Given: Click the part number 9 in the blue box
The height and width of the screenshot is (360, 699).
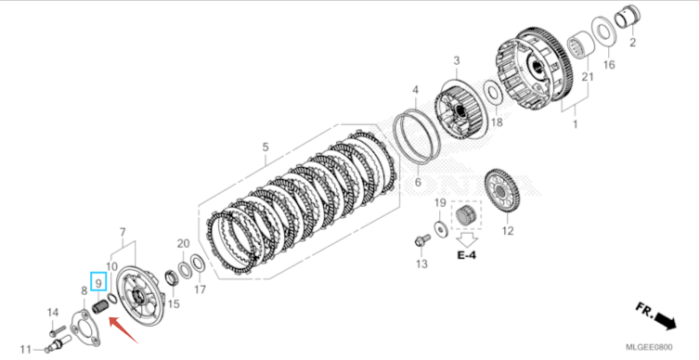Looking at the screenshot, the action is coord(98,282).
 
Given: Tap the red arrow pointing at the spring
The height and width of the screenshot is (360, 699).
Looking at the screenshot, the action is coord(123,329).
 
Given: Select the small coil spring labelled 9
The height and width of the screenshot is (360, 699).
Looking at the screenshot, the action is coord(100,307).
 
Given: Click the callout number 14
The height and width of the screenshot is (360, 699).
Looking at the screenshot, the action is coord(53,313).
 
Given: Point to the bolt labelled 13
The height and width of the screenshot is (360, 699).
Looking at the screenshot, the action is coord(421,241).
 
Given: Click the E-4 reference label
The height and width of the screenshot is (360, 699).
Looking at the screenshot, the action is coord(466,255).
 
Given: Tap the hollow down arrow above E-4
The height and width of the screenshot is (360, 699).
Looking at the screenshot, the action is coord(467,239).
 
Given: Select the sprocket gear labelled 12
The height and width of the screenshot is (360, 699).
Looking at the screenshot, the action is coord(502,191).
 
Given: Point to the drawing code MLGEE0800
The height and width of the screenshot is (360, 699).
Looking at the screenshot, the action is coord(649,348).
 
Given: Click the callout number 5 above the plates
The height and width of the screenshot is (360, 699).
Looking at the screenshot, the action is coord(265,147).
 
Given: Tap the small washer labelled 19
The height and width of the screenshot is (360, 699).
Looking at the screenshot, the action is coord(441,229).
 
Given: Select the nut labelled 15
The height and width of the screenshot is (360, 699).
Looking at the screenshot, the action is coord(173,279).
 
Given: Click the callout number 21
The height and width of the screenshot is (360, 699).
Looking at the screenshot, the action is coord(588,77).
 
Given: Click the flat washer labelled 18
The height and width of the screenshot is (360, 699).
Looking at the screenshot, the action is coord(493,95).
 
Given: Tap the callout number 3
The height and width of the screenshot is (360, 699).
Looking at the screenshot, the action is coord(457,60).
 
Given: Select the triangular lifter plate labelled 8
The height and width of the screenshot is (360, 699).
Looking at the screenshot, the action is coord(84,328).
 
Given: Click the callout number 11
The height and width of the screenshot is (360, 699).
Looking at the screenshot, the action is coord(26,349).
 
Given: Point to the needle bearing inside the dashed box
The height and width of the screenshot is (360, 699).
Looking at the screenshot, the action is coord(466,216).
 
